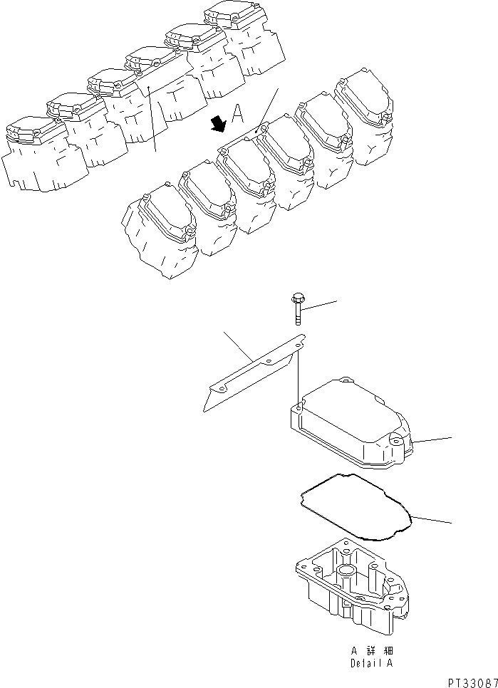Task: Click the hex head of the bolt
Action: (x=297, y=299)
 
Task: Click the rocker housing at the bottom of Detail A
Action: (x=349, y=588)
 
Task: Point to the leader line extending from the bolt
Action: (x=319, y=305)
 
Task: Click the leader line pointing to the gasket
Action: (x=431, y=519)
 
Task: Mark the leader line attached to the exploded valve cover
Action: (x=431, y=440)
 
